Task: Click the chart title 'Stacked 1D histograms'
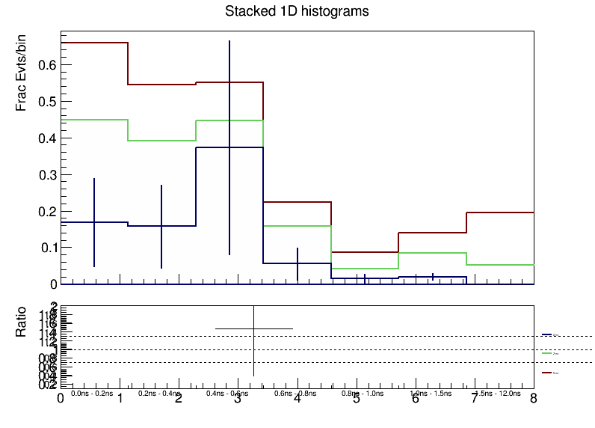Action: coord(297,12)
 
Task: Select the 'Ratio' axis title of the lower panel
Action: coord(22,321)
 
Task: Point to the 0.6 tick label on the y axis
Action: coord(47,65)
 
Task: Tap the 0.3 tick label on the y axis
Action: coord(47,174)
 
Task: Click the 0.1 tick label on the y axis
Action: coord(47,248)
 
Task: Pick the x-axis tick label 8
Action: coord(533,399)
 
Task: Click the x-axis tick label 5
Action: coord(356,399)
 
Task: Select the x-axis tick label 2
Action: coord(179,399)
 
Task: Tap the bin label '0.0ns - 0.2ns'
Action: coord(91,393)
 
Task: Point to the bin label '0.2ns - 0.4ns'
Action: coord(159,393)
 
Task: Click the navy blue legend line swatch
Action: coord(546,334)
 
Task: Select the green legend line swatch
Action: coord(546,352)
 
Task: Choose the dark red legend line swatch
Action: coord(546,371)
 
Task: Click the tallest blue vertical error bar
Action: coord(229,150)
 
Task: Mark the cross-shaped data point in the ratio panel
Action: coord(254,328)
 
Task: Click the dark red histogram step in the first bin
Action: coord(94,43)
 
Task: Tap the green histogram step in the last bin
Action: coord(499,265)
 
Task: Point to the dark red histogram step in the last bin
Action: coord(499,213)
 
